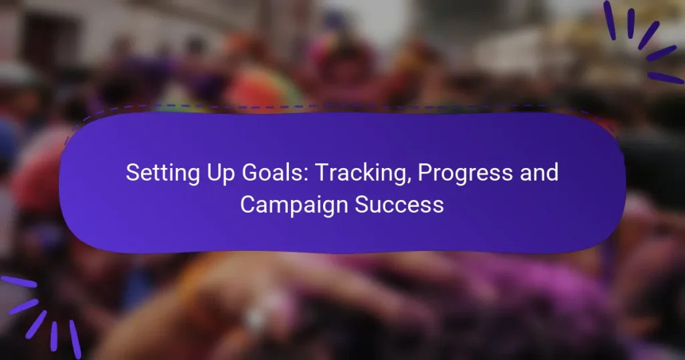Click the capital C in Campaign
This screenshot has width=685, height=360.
[x=248, y=204]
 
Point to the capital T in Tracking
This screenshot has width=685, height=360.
[x=321, y=173]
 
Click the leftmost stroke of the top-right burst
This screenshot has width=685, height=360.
[x=609, y=19]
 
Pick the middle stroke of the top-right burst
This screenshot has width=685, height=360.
[x=648, y=35]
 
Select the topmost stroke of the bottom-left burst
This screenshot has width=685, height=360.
[x=18, y=282]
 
